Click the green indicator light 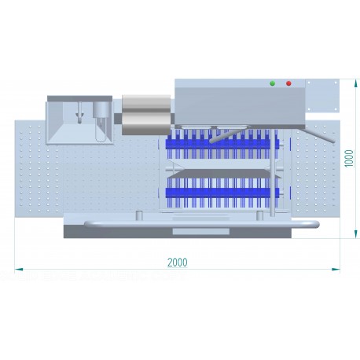point(273,83)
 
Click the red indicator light point(288,83)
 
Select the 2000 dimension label point(178,263)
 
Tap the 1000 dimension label point(349,158)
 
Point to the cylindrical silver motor point(146,115)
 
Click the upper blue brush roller point(222,144)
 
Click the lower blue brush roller point(222,193)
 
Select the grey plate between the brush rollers point(224,174)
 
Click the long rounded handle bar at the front point(202,224)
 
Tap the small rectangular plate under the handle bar point(201,231)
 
